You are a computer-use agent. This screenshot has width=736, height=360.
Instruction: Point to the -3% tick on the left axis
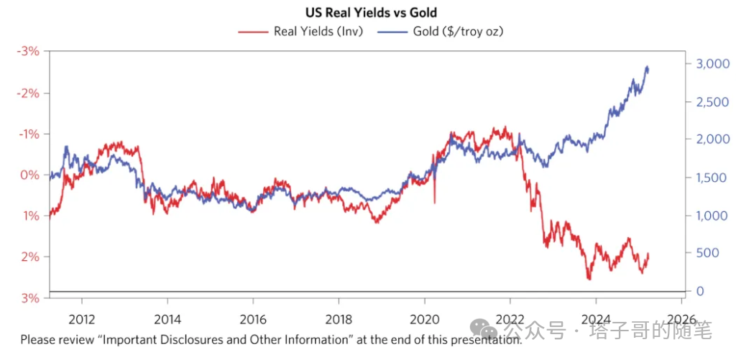click(29, 52)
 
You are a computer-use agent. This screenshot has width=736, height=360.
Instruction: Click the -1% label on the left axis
click(29, 134)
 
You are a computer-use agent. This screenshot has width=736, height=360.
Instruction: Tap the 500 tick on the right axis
click(704, 254)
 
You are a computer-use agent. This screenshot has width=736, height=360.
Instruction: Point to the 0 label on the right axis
click(699, 292)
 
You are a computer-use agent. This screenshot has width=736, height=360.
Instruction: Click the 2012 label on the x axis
click(81, 319)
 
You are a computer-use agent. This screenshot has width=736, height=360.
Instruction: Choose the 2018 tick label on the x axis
click(338, 319)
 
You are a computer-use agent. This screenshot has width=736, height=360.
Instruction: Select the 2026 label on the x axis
click(681, 319)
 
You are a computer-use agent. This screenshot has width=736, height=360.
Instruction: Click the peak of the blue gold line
click(647, 67)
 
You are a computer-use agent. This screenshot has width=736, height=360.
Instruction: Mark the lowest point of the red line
click(589, 279)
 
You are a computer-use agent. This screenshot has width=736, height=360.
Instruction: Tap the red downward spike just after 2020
click(434, 203)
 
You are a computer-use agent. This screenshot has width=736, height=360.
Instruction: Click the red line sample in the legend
click(252, 31)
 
